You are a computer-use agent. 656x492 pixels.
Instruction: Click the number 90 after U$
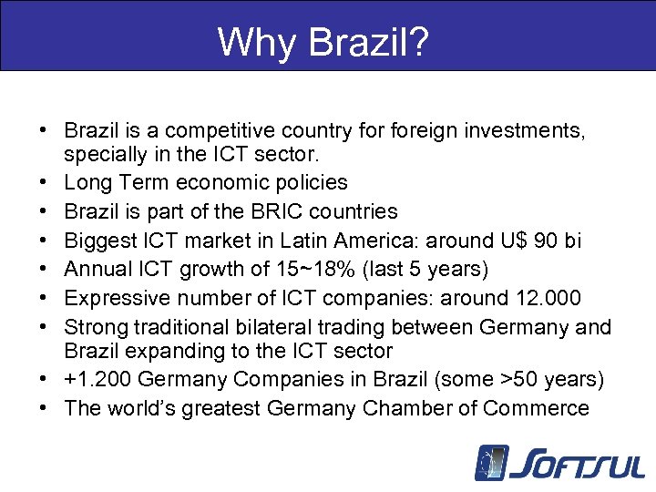tap(543, 241)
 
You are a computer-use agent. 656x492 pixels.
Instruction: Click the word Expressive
tap(119, 299)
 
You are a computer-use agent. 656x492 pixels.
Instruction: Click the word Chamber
tap(405, 408)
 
